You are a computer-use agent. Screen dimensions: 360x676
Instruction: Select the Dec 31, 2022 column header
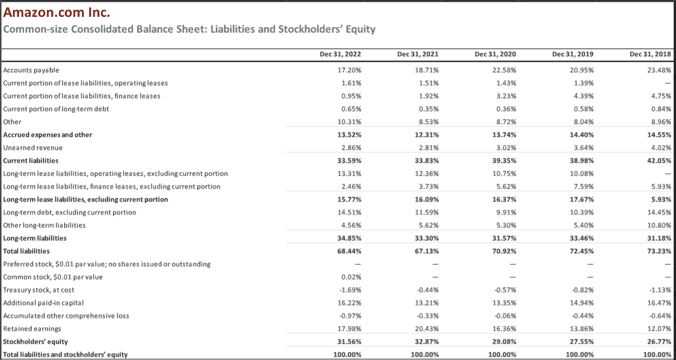click(x=340, y=54)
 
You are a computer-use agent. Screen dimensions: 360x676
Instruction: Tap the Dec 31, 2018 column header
click(x=650, y=54)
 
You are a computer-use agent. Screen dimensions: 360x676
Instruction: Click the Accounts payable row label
click(x=31, y=70)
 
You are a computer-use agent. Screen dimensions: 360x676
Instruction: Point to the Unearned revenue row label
click(x=33, y=147)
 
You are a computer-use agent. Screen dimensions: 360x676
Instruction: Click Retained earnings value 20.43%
click(x=427, y=328)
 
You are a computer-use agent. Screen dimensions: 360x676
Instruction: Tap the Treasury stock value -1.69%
click(x=350, y=290)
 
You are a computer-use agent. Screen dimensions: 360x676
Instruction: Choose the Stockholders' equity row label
click(x=35, y=342)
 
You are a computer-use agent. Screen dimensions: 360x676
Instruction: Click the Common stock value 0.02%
click(x=352, y=277)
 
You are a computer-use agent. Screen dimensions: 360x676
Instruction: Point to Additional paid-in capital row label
click(x=43, y=303)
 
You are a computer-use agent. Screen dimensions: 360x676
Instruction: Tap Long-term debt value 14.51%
click(x=350, y=212)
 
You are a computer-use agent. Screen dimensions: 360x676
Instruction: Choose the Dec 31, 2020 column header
click(x=495, y=54)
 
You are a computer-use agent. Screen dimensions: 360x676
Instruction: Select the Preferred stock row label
click(x=107, y=264)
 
